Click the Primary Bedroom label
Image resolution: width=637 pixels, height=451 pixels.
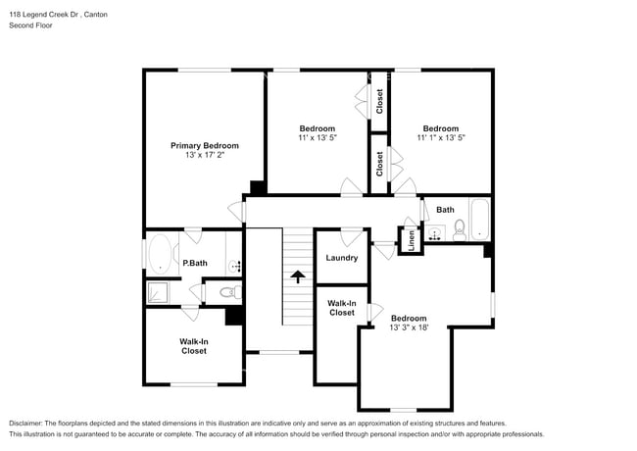coord(205,145)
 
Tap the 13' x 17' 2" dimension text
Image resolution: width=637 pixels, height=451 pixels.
coord(205,155)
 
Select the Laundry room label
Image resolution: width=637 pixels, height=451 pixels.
coord(342,258)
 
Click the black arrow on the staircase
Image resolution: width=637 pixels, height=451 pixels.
coord(298,276)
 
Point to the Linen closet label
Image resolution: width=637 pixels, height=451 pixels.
coord(412,240)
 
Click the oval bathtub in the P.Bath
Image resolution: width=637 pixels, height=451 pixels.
coord(160,254)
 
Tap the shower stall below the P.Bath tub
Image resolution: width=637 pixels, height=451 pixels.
coord(157,292)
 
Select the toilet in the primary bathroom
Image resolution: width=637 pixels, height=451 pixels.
coord(230,292)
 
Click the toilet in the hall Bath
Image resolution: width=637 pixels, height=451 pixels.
coord(460,230)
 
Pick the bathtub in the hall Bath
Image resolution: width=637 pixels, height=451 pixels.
coord(480,219)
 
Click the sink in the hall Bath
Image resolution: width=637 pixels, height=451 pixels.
coord(435,234)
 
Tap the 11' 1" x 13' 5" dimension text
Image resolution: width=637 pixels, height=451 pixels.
coord(441,137)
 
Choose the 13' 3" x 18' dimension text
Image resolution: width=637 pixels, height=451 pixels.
coord(409,327)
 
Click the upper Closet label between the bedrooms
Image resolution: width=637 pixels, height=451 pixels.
coord(379,101)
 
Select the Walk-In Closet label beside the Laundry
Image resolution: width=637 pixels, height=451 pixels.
coord(342,308)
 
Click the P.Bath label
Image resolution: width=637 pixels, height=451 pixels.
coord(195,263)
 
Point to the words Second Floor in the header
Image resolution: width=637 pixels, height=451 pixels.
coord(31,25)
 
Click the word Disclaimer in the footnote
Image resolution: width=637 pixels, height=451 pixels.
coord(25,424)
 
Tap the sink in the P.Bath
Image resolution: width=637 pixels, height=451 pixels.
coord(235,266)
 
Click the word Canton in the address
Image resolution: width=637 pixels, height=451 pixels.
coord(96,15)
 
